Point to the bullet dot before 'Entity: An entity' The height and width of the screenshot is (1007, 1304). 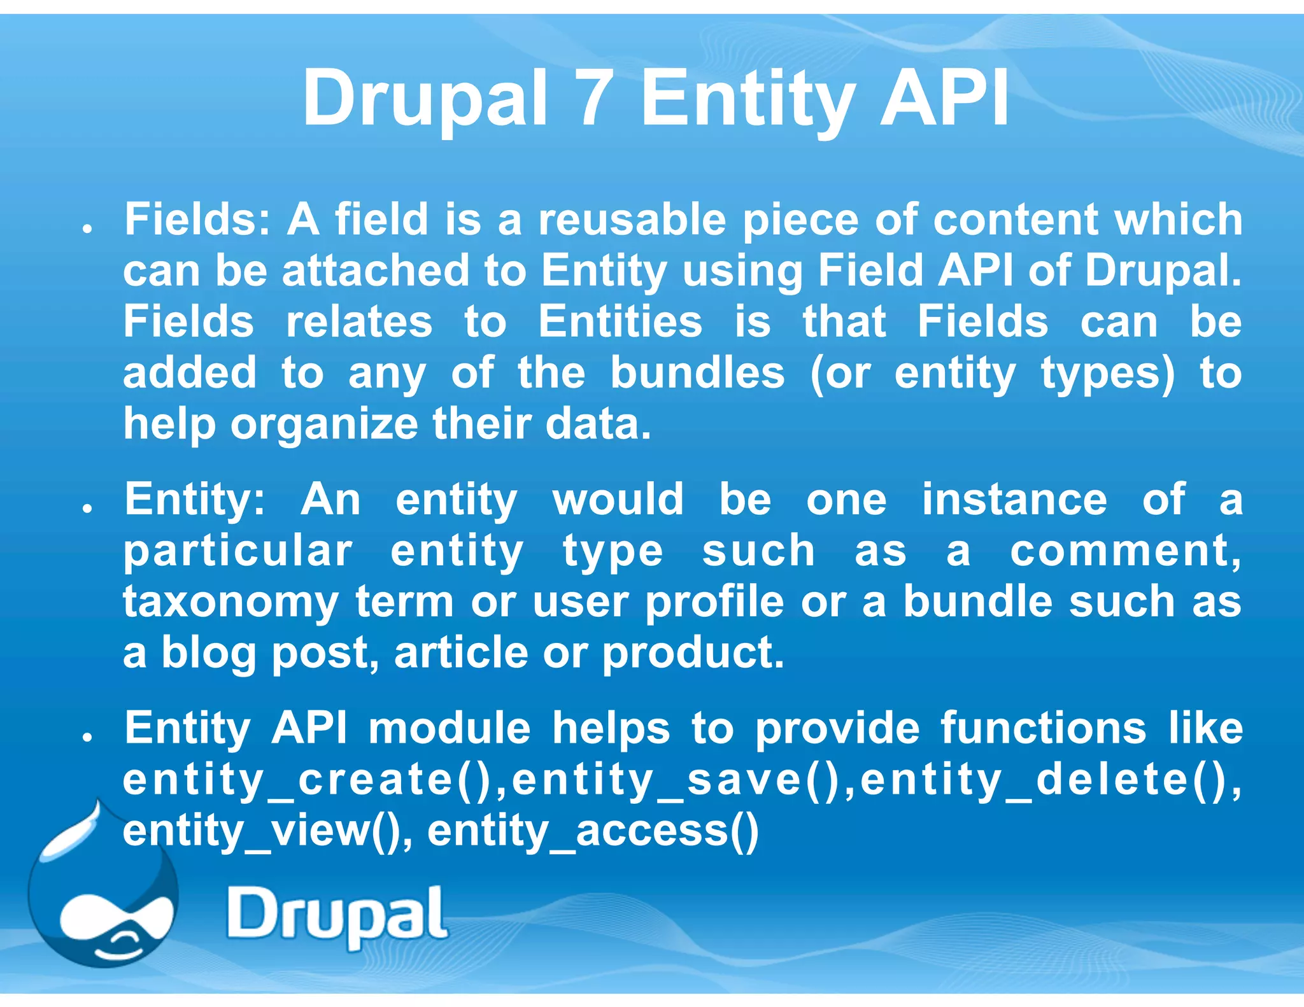[x=88, y=509]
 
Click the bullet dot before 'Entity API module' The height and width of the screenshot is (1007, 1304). [x=88, y=737]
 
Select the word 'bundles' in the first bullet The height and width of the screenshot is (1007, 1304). [x=697, y=373]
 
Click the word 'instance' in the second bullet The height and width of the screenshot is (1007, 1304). [x=1014, y=500]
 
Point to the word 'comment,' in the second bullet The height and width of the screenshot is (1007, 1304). [x=1126, y=551]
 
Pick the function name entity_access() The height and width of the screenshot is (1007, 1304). [x=593, y=831]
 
